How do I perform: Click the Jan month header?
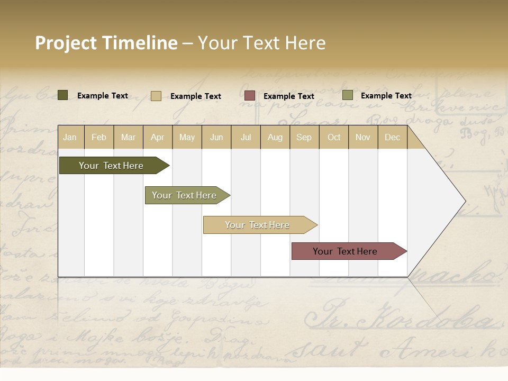click(70, 137)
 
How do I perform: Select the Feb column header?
click(99, 137)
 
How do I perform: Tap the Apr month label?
click(157, 137)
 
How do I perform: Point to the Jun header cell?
click(216, 137)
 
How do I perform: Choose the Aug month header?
click(275, 137)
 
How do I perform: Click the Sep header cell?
click(304, 137)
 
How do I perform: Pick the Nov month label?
click(363, 137)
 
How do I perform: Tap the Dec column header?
click(392, 137)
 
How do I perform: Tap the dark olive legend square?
click(63, 95)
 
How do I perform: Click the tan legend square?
click(156, 96)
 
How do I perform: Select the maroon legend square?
click(250, 96)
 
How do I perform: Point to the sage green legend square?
click(348, 95)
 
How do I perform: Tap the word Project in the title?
click(66, 43)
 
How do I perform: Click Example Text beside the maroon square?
click(288, 96)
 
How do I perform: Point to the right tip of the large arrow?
click(464, 201)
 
